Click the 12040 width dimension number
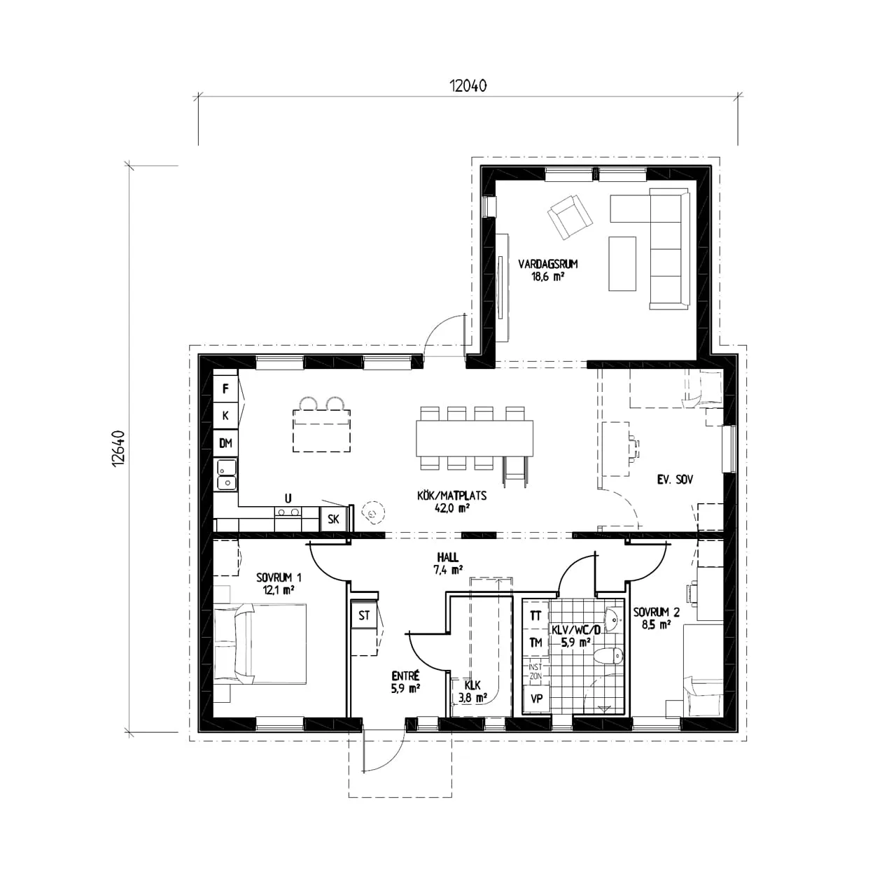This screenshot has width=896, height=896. pos(468,86)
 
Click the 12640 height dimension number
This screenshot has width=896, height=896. pos(118,448)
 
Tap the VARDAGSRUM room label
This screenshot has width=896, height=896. pos(548,264)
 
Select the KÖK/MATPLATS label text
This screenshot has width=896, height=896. pos(451,496)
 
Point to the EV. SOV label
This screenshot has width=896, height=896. pos(675,479)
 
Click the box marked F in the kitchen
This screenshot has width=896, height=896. pos(225,388)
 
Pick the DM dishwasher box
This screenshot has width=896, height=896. pos(225,443)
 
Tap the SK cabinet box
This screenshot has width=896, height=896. pos(333,519)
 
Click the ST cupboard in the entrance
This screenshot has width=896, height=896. pos(363,615)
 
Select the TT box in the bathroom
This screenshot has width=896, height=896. pos(535,615)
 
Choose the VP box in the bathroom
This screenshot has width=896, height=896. pos(536,699)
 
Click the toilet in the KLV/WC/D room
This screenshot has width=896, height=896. pos(609,656)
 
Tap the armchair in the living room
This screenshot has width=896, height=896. pos(570,217)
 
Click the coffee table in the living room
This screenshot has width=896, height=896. pos(622,264)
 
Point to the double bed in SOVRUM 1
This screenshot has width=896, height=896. pos(260,644)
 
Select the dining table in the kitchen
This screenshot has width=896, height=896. pos(475,438)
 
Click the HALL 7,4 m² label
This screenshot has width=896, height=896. pos(448,563)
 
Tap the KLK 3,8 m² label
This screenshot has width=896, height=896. pos(472,692)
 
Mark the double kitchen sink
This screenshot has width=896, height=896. pos(227,475)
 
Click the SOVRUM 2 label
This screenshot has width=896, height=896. pos(656,618)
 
